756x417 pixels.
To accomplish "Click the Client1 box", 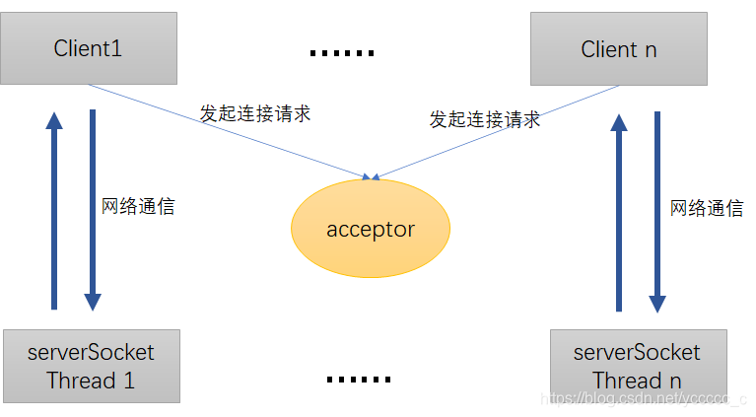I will pos(89,48).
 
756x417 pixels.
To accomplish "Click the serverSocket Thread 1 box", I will pos(90,366).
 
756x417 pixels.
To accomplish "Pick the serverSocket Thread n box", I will pos(637,366).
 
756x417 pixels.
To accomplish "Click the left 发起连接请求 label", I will pos(255,113).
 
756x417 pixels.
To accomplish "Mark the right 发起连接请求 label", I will pos(484,119).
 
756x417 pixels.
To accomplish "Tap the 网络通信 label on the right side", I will pos(707,208).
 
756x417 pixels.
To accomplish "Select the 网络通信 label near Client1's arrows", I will pos(138,207).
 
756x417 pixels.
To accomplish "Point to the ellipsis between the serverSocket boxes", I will pos(358,379).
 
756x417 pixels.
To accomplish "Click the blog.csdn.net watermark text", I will pos(646,399).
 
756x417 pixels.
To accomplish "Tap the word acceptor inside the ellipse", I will pos(371,230).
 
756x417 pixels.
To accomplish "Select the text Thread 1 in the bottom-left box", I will pos(90,380).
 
